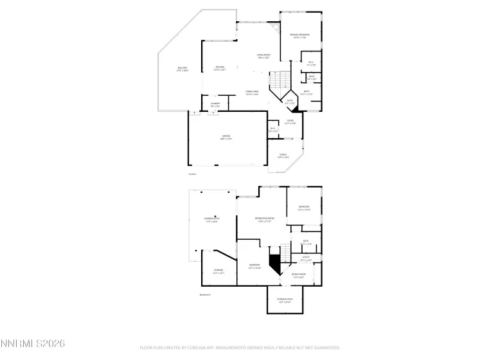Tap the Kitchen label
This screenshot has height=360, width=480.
220,68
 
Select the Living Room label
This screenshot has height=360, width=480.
262,56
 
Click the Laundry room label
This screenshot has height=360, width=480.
215,104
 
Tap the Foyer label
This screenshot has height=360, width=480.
290,122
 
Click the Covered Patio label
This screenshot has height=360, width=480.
211,221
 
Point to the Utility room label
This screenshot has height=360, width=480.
306,258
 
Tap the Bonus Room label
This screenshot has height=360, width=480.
298,275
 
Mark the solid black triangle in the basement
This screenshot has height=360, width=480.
275,263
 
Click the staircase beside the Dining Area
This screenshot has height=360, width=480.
278,80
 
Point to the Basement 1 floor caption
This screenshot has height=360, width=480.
206,295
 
